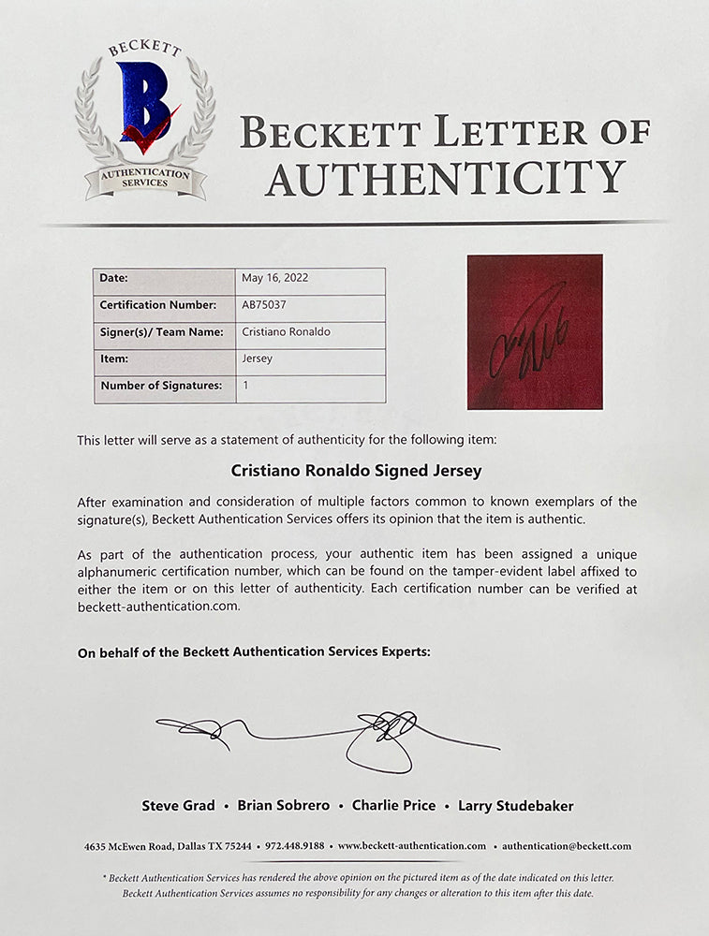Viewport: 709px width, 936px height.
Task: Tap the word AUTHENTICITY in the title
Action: (x=445, y=178)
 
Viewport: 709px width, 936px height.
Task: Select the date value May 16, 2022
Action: (x=274, y=278)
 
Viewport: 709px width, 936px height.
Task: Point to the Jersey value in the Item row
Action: (x=258, y=358)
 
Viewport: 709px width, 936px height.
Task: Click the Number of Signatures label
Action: (x=161, y=386)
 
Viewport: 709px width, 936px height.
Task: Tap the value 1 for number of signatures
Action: (x=244, y=386)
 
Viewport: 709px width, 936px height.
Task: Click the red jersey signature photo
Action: (x=535, y=331)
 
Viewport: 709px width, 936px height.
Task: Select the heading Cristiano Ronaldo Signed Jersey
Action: (x=353, y=473)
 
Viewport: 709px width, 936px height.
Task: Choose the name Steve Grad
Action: (x=178, y=806)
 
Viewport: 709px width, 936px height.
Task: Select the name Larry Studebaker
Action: (x=515, y=806)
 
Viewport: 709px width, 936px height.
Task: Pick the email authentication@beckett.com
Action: (x=566, y=846)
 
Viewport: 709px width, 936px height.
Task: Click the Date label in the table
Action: (x=113, y=278)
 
